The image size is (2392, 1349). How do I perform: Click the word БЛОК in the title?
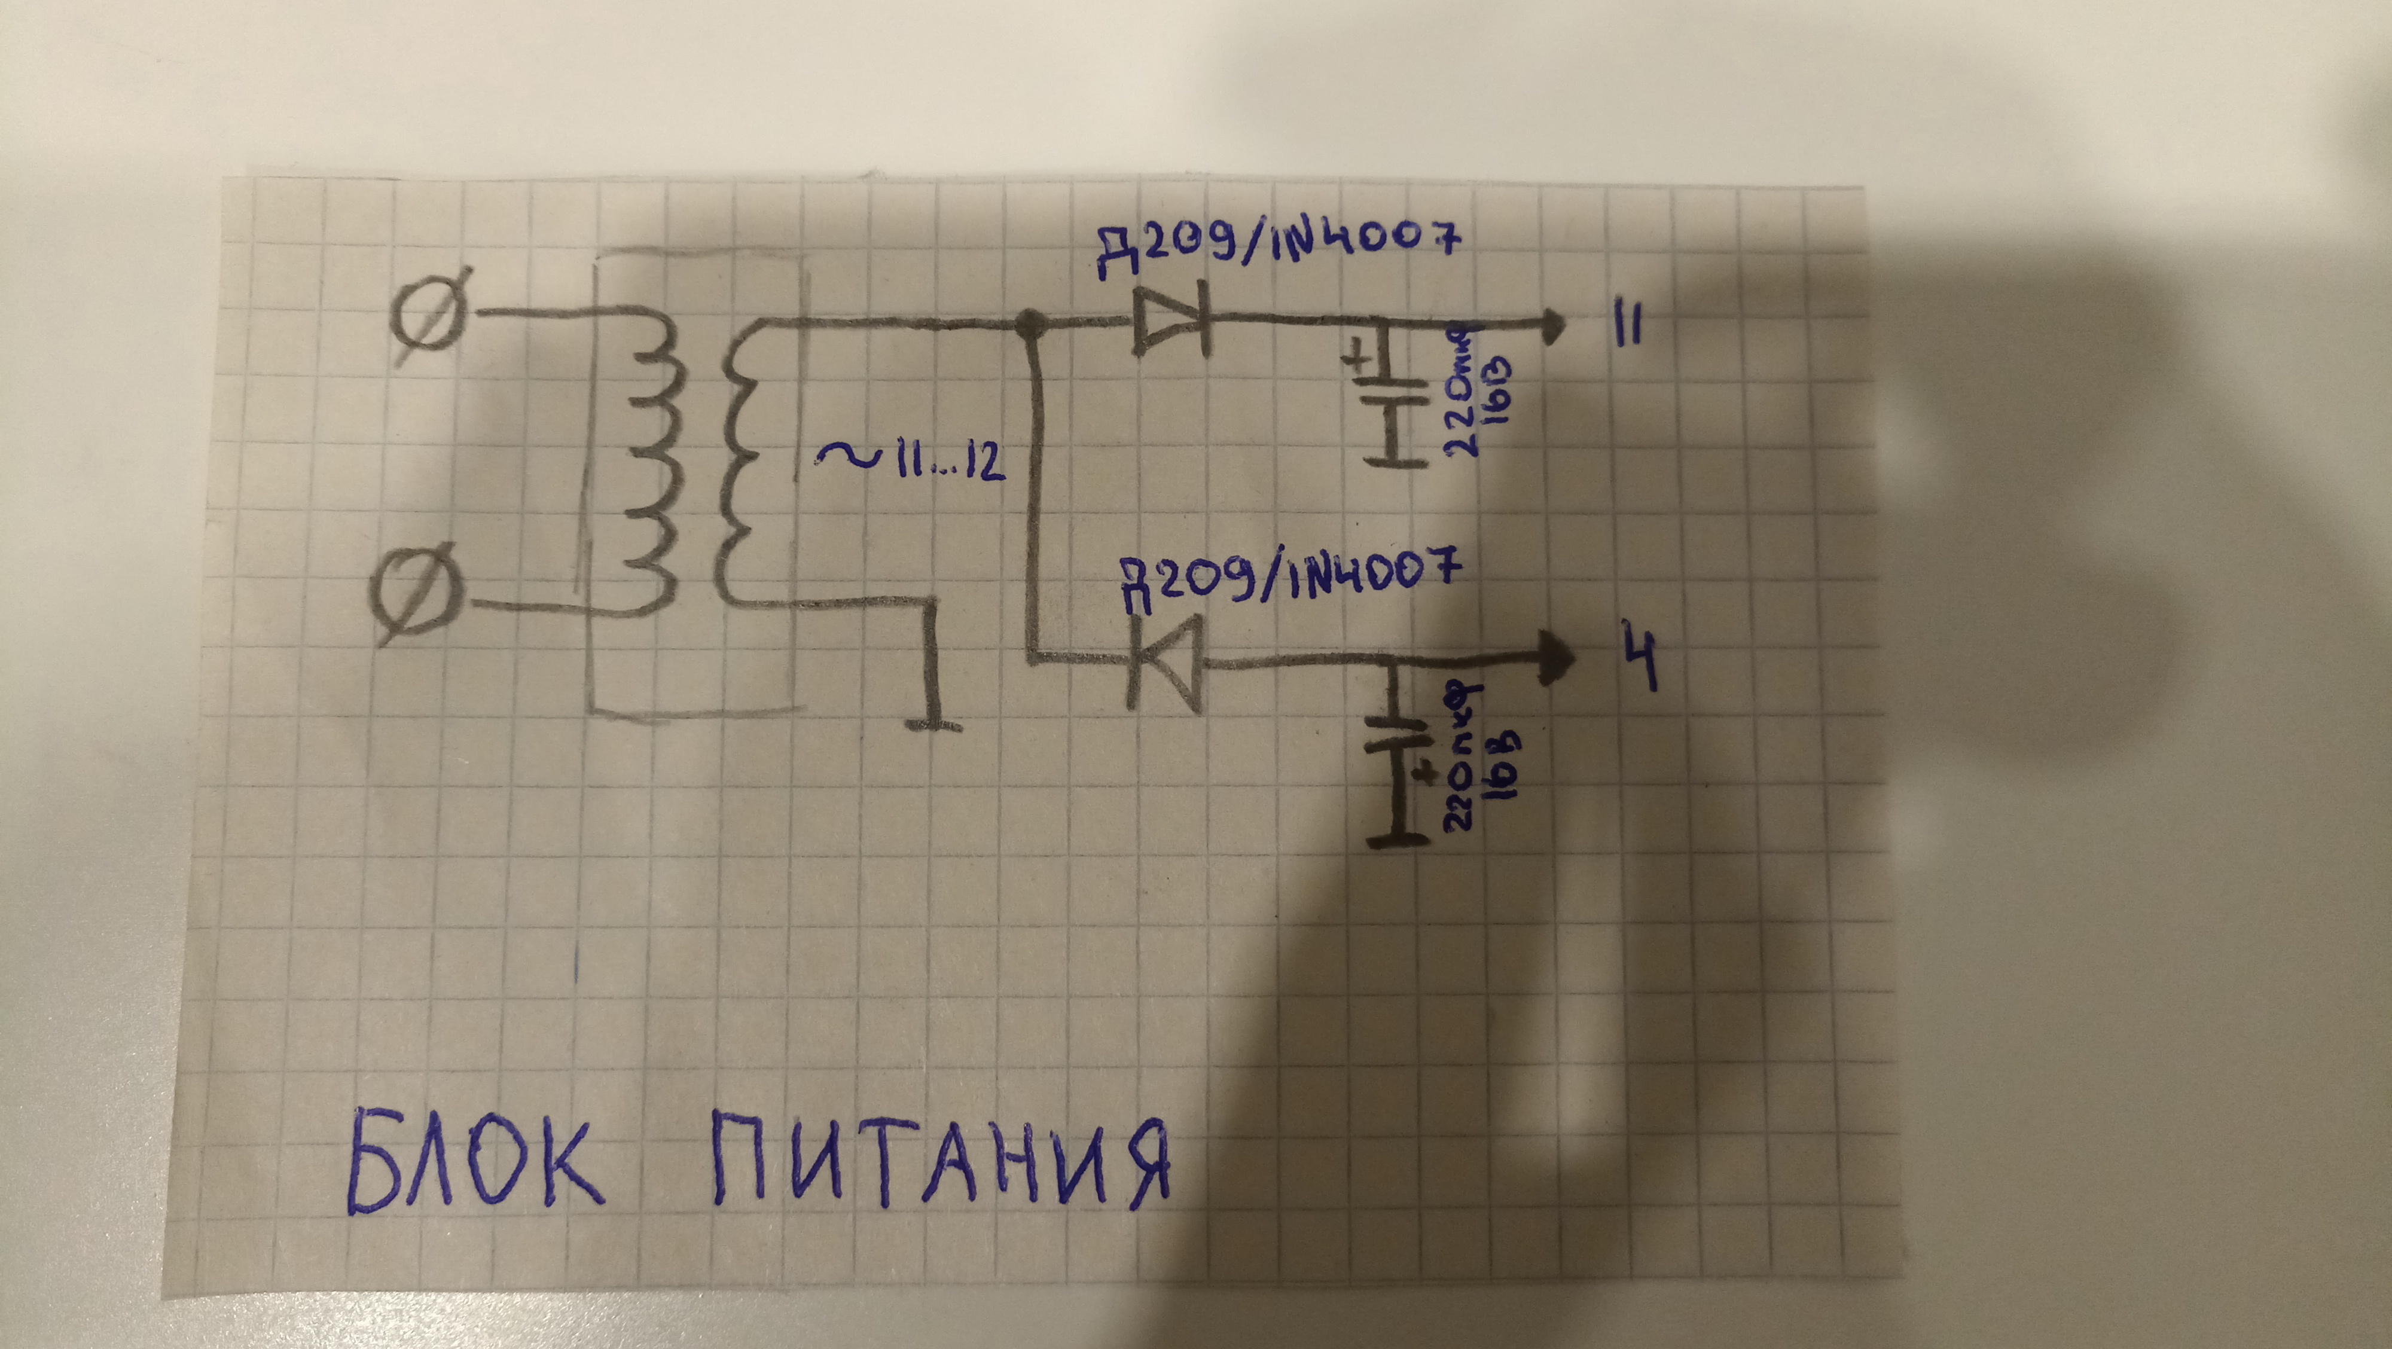(474, 1165)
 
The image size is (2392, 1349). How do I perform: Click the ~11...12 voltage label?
(910, 462)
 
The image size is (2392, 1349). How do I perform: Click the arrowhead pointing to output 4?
(1555, 659)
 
